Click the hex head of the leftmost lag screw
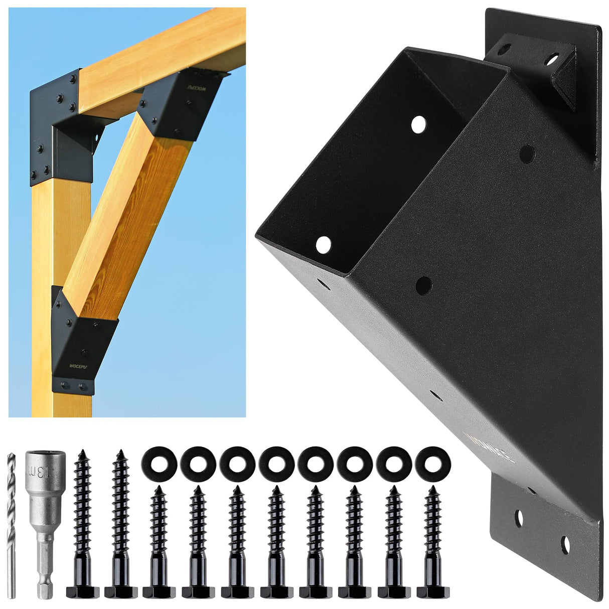pos(80,588)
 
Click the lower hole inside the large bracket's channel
pos(324,245)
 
